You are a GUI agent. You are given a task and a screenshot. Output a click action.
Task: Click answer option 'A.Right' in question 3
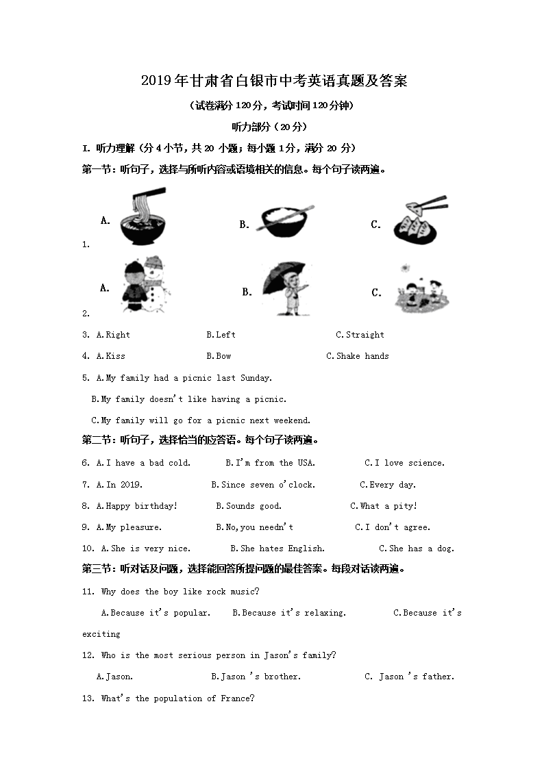tap(113, 335)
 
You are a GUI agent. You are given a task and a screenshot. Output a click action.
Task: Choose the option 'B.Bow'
tap(219, 356)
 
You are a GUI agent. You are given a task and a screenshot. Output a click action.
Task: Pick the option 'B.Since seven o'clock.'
tap(263, 485)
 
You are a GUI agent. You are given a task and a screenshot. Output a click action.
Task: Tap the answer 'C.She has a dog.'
tap(417, 549)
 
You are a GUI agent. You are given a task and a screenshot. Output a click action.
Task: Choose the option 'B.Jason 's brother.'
tap(256, 677)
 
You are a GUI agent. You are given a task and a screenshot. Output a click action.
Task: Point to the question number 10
tap(88, 549)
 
